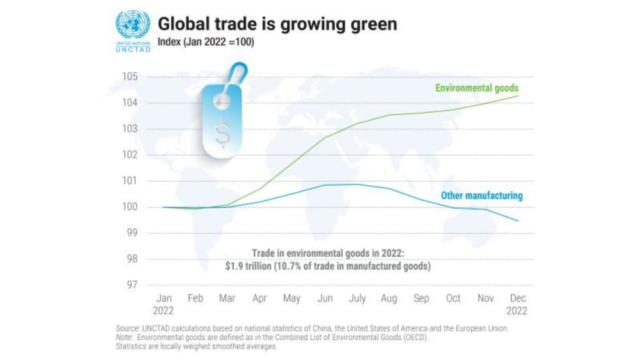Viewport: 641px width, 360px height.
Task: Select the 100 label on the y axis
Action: coord(130,207)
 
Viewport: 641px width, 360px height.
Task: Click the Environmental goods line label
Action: coord(476,88)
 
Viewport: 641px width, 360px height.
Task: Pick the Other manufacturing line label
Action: coord(481,195)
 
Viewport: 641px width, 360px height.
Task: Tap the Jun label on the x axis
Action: coord(325,299)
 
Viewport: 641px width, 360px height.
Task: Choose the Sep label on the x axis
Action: coord(421,299)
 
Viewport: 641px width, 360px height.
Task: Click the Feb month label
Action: coord(196,299)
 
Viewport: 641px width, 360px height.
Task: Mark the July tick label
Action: coord(356,299)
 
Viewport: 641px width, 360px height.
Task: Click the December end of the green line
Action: coord(518,96)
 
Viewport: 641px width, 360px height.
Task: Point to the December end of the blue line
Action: coord(518,221)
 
